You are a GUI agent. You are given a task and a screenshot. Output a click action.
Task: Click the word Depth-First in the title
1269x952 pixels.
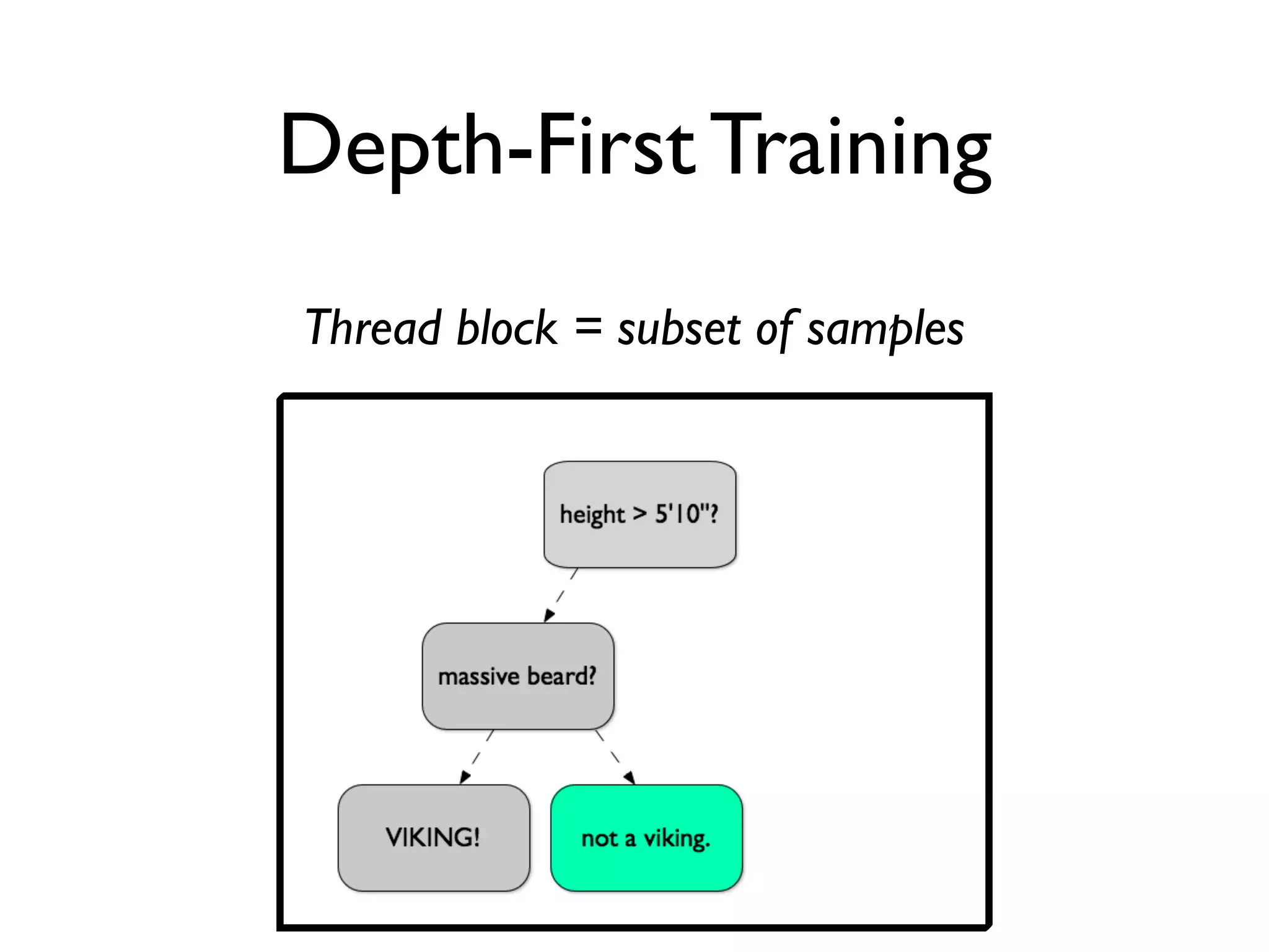click(x=486, y=146)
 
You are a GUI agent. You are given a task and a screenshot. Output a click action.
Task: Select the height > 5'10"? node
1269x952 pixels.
click(x=639, y=514)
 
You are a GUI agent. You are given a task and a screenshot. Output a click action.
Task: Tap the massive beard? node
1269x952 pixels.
click(x=517, y=676)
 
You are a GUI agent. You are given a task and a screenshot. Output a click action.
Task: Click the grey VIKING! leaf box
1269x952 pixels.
click(x=433, y=837)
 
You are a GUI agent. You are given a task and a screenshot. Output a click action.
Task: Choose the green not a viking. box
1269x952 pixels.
click(x=646, y=838)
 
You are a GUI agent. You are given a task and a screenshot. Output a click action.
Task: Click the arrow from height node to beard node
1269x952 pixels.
click(x=560, y=596)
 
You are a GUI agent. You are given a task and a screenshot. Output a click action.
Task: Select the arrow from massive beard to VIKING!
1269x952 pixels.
click(x=476, y=757)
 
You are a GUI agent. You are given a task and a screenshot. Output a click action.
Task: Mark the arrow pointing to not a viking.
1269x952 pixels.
click(x=615, y=757)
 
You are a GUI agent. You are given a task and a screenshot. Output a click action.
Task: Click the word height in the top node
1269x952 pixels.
click(x=592, y=515)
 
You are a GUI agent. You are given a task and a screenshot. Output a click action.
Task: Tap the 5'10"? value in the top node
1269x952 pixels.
click(x=687, y=513)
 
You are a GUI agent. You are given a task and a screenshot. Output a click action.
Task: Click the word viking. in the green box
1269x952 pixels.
click(x=677, y=839)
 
